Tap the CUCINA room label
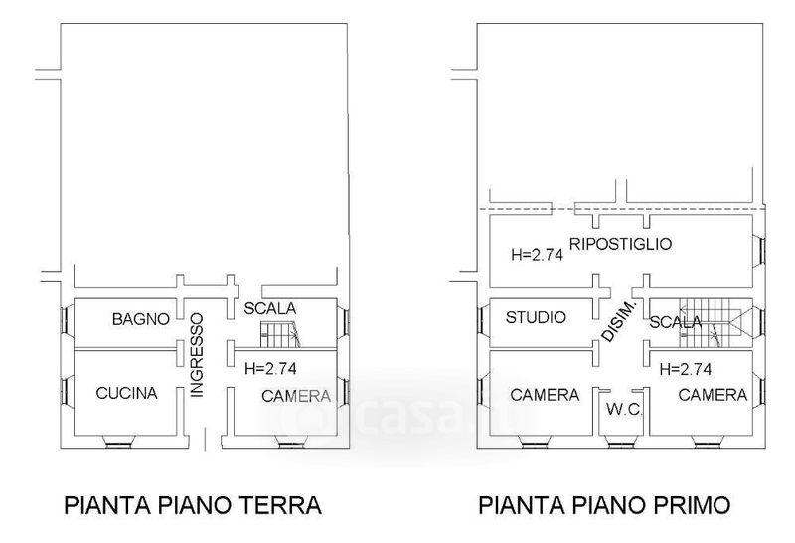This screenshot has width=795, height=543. (x=127, y=393)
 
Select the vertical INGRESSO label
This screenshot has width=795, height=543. (x=196, y=355)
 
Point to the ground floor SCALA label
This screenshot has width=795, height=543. (x=270, y=308)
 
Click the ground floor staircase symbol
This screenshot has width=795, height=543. (x=280, y=333)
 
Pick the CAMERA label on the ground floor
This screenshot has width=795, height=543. (x=296, y=396)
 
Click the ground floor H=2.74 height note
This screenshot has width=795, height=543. (x=270, y=368)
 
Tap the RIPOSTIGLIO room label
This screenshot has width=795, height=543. (x=620, y=244)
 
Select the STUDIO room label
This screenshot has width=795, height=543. (x=536, y=317)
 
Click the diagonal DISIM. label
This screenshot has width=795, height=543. (x=619, y=320)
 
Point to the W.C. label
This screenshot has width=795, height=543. (x=625, y=409)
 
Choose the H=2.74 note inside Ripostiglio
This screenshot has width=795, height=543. (x=538, y=254)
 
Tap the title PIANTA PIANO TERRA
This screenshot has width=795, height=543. (x=193, y=505)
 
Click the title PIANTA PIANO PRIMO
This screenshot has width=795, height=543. (x=604, y=505)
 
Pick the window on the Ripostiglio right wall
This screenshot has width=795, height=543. (x=759, y=250)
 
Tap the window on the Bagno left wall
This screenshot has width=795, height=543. (x=66, y=319)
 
